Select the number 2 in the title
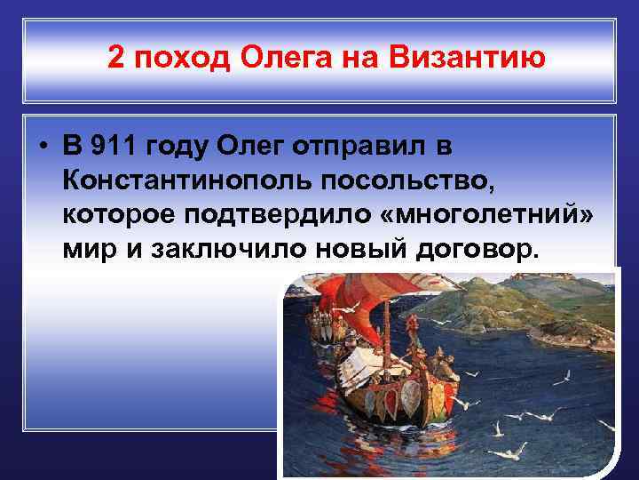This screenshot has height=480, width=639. pyautogui.click(x=116, y=59)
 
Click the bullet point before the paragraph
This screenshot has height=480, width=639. pyautogui.click(x=43, y=147)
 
